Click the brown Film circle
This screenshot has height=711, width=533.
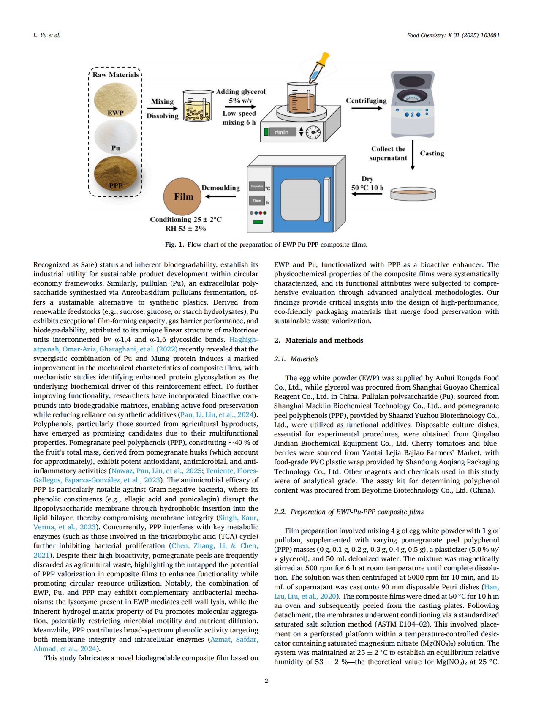(184, 196)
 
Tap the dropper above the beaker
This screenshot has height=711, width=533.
(319, 68)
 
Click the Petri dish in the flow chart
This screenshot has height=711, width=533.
(413, 193)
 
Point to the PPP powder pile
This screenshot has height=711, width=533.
(116, 173)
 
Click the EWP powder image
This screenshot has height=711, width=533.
(116, 101)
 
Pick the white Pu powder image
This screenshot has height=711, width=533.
(116, 137)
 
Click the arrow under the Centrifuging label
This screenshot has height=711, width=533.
(366, 108)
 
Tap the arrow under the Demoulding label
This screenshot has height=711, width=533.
(220, 196)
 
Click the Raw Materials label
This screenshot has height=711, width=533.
(116, 75)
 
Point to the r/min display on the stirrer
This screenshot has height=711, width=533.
(282, 132)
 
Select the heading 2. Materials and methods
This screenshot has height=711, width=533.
(318, 341)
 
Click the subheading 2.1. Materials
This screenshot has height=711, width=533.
(296, 359)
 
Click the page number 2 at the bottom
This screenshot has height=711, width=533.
(266, 681)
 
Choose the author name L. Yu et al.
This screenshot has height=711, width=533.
(46, 35)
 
